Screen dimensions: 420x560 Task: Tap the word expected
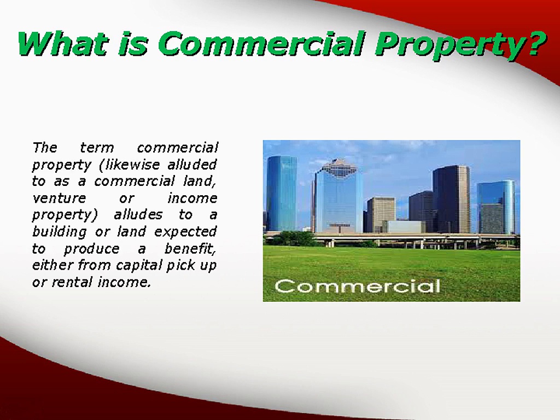pyautogui.click(x=185, y=232)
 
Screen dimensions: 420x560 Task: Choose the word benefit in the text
pyautogui.click(x=190, y=249)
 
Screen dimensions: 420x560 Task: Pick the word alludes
pyautogui.click(x=138, y=215)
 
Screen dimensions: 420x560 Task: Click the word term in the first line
pyautogui.click(x=97, y=148)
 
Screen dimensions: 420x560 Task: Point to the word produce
pyautogui.click(x=91, y=249)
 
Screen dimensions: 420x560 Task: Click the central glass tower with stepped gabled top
pyautogui.click(x=337, y=197)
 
